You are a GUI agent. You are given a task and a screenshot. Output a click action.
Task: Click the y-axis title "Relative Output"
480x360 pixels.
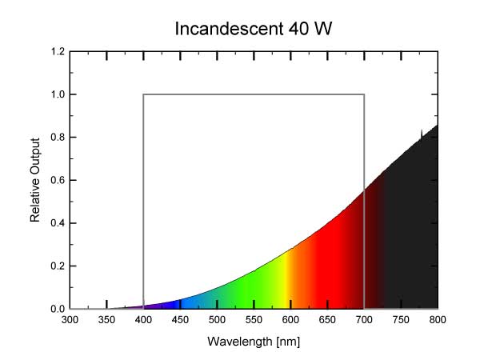pos(35,180)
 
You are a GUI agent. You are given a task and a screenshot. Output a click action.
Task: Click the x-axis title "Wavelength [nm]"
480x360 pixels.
pos(254,342)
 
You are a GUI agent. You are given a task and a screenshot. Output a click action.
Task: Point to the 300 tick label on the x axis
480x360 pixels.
pos(70,321)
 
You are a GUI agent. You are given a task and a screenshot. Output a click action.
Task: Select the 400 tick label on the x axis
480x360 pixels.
pos(144,321)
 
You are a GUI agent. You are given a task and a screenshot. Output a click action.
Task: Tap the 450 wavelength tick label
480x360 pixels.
pos(181,321)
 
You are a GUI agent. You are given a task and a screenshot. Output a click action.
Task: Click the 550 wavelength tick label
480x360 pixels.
pos(254,321)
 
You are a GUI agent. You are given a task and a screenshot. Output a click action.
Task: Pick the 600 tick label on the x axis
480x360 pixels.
pos(291,321)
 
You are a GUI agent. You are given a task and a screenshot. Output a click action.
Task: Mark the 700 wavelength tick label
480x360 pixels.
pos(365,321)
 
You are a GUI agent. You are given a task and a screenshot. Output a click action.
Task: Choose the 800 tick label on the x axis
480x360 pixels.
pos(438,321)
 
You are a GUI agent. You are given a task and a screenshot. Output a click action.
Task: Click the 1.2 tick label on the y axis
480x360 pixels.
pos(58,52)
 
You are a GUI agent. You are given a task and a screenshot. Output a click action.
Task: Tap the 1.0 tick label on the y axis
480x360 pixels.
pos(58,94)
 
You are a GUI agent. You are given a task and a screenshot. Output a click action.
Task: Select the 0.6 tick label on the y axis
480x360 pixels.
pos(58,180)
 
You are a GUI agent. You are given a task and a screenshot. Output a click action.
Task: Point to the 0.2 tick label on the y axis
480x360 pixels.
pos(58,266)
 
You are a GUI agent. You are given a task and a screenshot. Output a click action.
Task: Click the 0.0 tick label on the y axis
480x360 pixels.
pos(58,309)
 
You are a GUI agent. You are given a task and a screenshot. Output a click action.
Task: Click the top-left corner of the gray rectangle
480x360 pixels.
pos(144,94)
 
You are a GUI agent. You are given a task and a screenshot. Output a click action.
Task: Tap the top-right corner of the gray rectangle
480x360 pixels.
pos(364,94)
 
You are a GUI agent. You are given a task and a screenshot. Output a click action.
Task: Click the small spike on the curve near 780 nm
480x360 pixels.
pos(422,131)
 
